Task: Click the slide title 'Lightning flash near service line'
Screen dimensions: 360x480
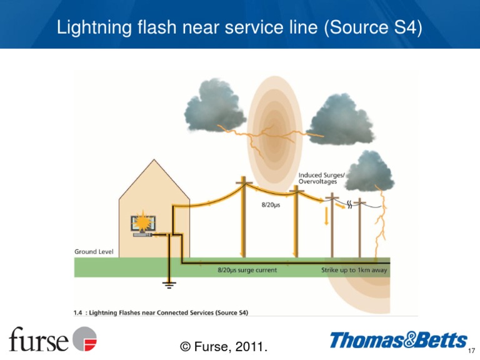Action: click(x=240, y=27)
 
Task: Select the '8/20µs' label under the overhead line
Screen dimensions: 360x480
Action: click(x=270, y=204)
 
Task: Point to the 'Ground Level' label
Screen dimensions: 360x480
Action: click(x=94, y=251)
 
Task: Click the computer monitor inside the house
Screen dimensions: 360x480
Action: click(x=142, y=225)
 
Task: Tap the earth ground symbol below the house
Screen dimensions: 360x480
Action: click(x=169, y=284)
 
